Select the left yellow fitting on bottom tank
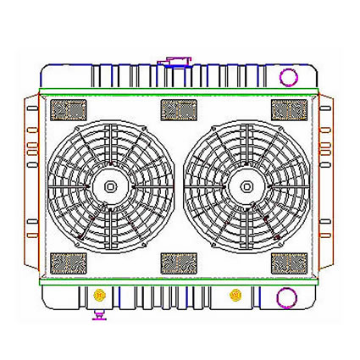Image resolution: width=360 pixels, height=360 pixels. [x=101, y=296]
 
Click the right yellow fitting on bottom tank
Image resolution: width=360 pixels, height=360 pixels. [x=235, y=296]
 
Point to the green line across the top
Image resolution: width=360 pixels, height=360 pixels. [x=178, y=91]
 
